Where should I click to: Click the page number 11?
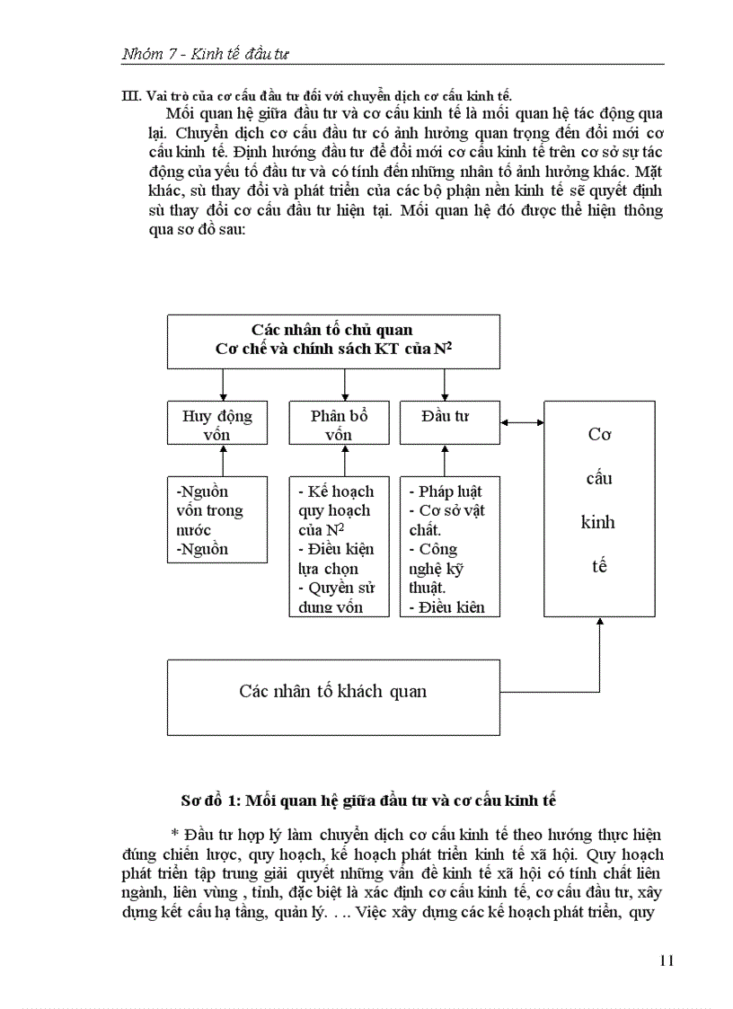[x=666, y=960]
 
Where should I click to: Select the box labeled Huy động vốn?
[x=217, y=424]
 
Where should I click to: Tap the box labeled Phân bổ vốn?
[x=339, y=424]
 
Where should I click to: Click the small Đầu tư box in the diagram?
[x=449, y=418]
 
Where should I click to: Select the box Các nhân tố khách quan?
[x=333, y=691]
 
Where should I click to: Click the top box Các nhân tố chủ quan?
[x=333, y=340]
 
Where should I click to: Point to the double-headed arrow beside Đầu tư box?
[x=522, y=422]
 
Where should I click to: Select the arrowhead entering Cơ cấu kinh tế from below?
[x=600, y=623]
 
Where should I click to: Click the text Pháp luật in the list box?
[x=449, y=491]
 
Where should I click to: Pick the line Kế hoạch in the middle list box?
[x=340, y=491]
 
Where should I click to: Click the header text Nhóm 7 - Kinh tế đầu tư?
[x=205, y=54]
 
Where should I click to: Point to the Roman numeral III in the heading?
[x=129, y=96]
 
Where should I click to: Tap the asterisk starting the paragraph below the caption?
[x=173, y=835]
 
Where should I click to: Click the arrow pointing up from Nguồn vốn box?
[x=224, y=460]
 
